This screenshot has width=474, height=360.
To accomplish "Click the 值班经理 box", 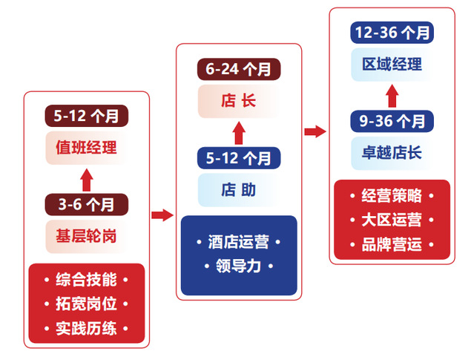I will point(86,148).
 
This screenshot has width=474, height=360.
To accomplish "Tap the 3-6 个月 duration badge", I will point(86,203).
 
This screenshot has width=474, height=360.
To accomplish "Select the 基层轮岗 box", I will point(86,236).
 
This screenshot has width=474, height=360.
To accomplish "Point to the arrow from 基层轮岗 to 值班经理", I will point(86,177).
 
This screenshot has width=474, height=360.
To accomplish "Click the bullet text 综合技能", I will point(86,280).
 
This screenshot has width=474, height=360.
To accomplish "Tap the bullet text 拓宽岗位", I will point(86,304).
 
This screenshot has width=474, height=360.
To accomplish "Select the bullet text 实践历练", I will point(86,327).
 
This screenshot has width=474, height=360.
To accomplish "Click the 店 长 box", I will point(238,102).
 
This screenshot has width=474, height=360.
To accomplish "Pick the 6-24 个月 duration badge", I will point(238,69).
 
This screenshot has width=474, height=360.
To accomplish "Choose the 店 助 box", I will point(238,190).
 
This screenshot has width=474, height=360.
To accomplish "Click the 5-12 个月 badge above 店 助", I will point(238,157).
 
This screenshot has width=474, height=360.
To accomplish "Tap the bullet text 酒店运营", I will point(238,243).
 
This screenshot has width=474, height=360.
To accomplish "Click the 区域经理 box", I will point(392,65).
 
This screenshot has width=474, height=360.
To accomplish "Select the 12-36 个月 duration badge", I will point(392,33).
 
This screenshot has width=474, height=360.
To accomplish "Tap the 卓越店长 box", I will point(392,153).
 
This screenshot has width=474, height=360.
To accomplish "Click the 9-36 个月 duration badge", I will point(392,120).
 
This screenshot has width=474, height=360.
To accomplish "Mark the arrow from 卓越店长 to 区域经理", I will point(392,94).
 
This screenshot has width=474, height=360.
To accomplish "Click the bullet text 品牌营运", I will point(392,243).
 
